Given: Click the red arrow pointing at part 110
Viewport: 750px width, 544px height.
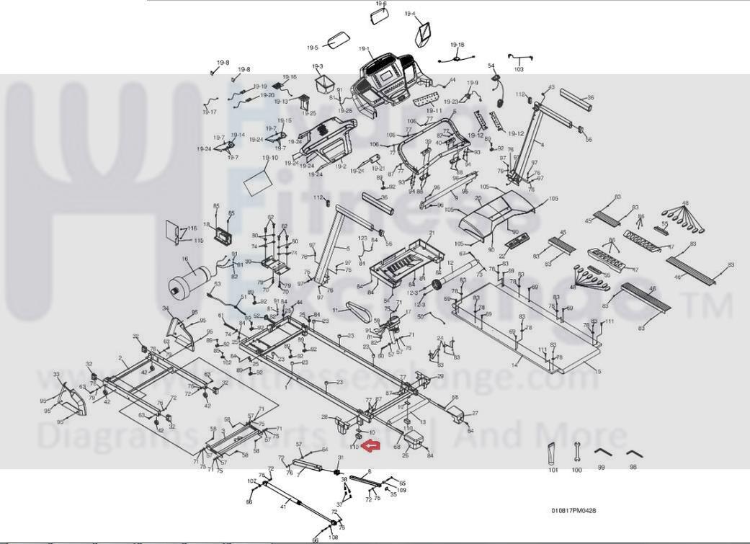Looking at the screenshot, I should click(x=370, y=447).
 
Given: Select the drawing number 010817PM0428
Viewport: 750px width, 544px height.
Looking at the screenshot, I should click(x=573, y=511).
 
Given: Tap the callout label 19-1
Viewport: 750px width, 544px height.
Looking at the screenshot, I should click(x=365, y=49).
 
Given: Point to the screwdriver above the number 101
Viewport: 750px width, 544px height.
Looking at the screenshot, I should click(x=553, y=454).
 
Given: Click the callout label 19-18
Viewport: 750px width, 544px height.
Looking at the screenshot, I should click(x=457, y=45).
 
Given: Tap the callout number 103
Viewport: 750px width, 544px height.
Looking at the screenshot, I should click(x=519, y=70).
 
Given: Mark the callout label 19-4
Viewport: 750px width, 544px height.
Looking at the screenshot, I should click(x=410, y=14).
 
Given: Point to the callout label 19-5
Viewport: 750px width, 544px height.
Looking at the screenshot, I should click(x=312, y=48).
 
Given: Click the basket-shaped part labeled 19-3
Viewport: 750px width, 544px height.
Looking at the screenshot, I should click(x=320, y=84).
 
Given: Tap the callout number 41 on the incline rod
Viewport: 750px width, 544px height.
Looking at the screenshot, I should click(x=283, y=507).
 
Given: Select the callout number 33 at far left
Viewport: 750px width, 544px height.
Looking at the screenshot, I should click(x=57, y=375).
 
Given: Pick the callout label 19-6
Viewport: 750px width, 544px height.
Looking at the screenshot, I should click(x=380, y=4).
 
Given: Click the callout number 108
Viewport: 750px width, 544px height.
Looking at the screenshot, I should click(x=333, y=538).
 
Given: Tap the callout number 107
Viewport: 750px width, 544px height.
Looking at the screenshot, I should click(x=252, y=481).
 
